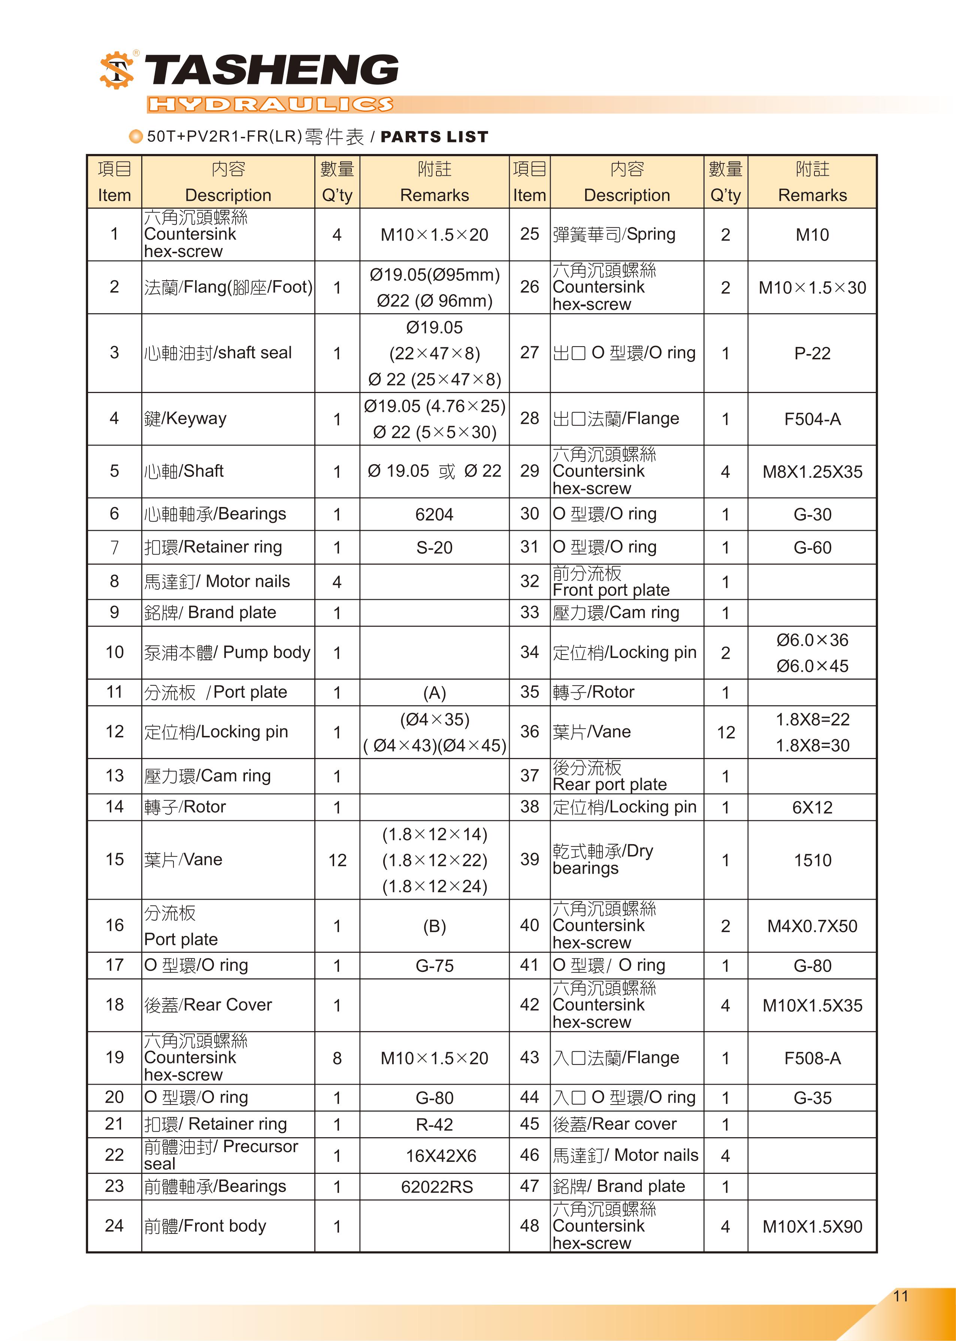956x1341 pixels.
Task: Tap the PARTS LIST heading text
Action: (435, 137)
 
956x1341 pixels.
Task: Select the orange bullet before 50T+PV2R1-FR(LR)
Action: (136, 136)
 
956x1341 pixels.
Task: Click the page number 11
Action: (900, 1296)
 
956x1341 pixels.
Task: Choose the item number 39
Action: (529, 860)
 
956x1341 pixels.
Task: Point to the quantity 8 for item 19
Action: (337, 1058)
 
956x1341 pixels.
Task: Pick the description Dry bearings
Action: (602, 860)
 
